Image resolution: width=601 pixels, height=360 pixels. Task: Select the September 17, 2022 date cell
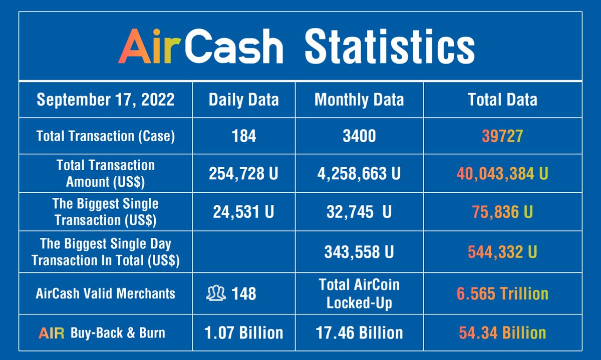pyautogui.click(x=106, y=100)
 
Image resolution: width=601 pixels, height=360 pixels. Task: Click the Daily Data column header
pyautogui.click(x=243, y=100)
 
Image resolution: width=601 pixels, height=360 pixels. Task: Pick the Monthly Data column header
pyautogui.click(x=359, y=100)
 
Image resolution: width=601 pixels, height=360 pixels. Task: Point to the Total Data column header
pyautogui.click(x=502, y=100)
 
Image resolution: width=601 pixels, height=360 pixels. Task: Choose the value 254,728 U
pyautogui.click(x=243, y=173)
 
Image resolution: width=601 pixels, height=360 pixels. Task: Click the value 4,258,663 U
pyautogui.click(x=359, y=173)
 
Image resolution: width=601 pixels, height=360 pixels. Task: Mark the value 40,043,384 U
pyautogui.click(x=502, y=173)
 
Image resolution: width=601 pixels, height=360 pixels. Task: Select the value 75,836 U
pyautogui.click(x=502, y=211)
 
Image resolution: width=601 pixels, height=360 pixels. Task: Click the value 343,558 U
pyautogui.click(x=359, y=252)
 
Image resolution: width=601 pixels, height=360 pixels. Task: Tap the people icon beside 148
pyautogui.click(x=216, y=293)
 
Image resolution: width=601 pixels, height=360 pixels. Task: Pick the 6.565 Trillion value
pyautogui.click(x=502, y=293)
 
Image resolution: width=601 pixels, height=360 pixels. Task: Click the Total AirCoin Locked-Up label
pyautogui.click(x=359, y=293)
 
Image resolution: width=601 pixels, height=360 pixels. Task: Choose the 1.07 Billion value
pyautogui.click(x=243, y=332)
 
